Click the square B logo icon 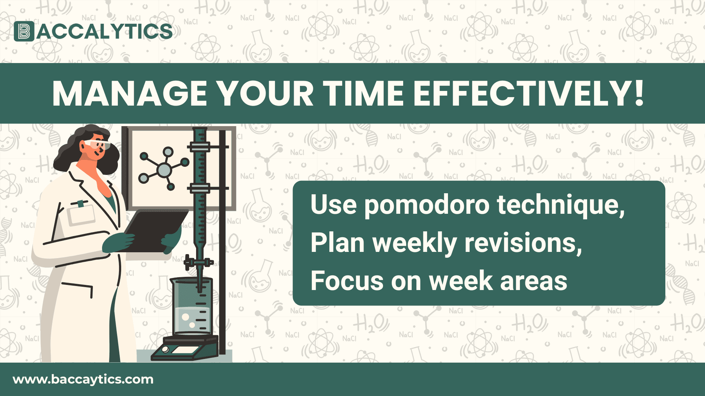click(x=24, y=32)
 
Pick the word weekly click(x=415, y=243)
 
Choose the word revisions click(x=523, y=243)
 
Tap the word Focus click(x=347, y=281)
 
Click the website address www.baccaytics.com click(x=83, y=379)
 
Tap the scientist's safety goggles click(x=98, y=144)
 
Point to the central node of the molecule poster click(x=164, y=169)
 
